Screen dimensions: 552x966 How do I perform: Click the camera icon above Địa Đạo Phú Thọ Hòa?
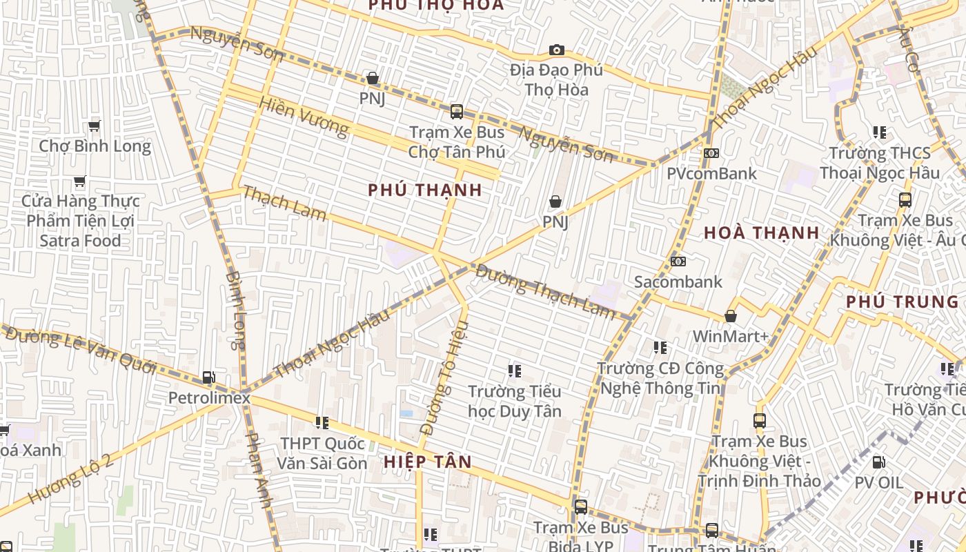coord(556,50)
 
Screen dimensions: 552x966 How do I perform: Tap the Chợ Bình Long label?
coord(95,146)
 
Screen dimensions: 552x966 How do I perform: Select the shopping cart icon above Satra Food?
coord(80,182)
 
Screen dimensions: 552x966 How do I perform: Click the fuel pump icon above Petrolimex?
coord(208,377)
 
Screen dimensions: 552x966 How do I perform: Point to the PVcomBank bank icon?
coord(711,153)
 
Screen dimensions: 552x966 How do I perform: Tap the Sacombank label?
coord(678,282)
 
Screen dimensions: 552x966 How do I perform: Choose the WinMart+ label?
coord(730,337)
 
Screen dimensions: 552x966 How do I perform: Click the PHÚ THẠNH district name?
coord(425,190)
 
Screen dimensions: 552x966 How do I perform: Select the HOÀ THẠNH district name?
coord(762,233)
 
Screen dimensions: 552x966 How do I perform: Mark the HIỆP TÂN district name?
coord(428,462)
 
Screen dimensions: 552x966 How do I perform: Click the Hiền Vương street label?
coord(304,117)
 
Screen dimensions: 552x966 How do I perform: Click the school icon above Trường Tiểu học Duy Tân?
coord(514,371)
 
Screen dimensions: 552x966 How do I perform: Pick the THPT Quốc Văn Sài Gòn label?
coord(323,453)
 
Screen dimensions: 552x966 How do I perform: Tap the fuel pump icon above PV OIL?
coord(878,462)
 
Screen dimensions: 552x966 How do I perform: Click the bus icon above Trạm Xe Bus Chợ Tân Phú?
coord(456,112)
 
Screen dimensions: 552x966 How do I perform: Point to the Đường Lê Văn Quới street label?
coord(79,351)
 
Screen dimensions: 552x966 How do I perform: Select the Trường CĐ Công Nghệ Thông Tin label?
coord(660,379)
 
